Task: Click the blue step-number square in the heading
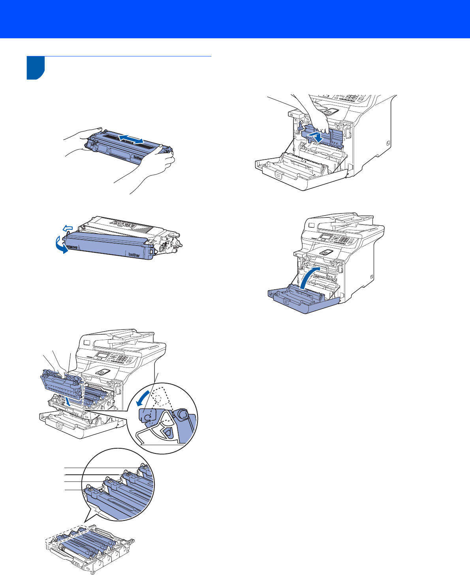coord(36,68)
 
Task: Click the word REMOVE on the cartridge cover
coord(72,247)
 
